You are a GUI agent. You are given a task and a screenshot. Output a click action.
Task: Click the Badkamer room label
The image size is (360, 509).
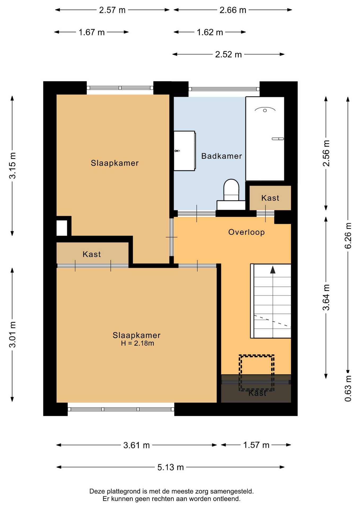click(222, 156)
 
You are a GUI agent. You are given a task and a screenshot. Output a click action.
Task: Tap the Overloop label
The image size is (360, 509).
click(247, 232)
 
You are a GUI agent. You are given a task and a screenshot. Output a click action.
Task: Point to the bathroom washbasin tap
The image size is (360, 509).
click(177, 151)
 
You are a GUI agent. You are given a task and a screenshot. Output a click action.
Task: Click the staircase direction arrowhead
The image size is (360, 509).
click(273, 270)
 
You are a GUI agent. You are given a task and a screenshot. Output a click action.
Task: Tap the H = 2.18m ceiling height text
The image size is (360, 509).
click(138, 343)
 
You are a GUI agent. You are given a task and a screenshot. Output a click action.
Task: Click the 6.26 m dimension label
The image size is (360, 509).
click(348, 236)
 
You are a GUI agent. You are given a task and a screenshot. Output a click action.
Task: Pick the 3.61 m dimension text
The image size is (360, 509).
click(137, 445)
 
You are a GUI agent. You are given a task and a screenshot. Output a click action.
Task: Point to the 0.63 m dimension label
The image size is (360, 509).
click(348, 388)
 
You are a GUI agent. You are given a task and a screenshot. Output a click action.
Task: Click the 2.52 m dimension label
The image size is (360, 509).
click(228, 54)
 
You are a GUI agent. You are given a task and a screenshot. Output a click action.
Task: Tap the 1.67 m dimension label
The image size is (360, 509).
click(91, 32)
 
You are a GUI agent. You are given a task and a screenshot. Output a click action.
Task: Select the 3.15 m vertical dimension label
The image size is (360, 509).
click(12, 165)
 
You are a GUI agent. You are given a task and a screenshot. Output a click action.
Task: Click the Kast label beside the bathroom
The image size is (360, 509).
click(270, 198)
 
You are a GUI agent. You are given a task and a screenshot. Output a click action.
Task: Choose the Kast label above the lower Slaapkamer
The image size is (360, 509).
click(92, 254)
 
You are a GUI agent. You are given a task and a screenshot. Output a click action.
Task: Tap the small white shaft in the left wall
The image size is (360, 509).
click(62, 228)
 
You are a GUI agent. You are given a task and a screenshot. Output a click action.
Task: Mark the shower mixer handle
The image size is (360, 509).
click(278, 139)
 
